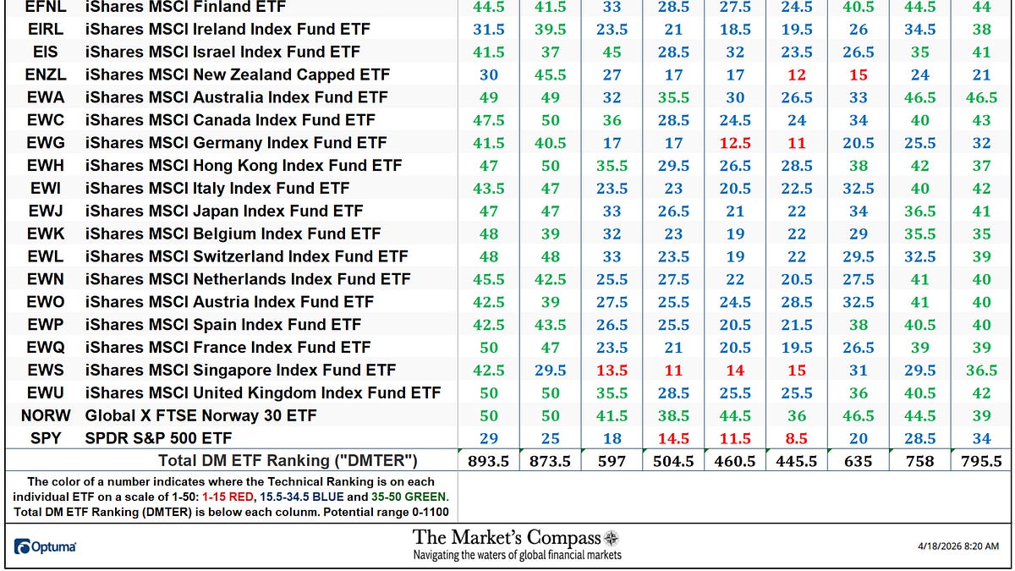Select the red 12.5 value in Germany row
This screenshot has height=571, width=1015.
[735, 143]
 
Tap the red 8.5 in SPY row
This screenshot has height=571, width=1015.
[796, 438]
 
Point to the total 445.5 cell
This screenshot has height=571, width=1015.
[796, 461]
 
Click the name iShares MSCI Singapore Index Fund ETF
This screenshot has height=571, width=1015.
[240, 370]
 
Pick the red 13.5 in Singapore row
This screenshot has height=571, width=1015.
[612, 370]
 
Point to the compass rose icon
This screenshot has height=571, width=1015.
[612, 538]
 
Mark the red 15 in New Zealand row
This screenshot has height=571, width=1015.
[858, 74]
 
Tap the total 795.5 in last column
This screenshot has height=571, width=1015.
[981, 461]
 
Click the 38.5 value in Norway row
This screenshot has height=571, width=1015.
[673, 415]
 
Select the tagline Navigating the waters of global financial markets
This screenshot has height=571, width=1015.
[517, 555]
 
